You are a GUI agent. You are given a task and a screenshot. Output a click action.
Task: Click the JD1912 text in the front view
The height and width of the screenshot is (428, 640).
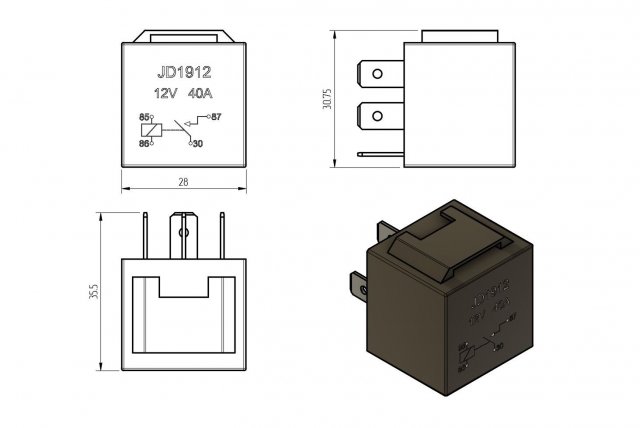[182, 73]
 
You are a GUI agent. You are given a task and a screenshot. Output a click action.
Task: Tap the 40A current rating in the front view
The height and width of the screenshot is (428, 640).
[203, 94]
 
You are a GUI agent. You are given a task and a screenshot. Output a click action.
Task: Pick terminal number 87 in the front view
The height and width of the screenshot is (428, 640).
[216, 118]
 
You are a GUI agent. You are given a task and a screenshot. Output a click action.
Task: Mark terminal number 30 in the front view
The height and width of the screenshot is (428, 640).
[196, 144]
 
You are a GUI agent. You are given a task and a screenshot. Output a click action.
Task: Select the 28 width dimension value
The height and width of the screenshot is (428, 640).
[182, 182]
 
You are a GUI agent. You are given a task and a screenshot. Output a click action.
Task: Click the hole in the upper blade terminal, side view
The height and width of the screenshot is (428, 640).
[377, 74]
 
